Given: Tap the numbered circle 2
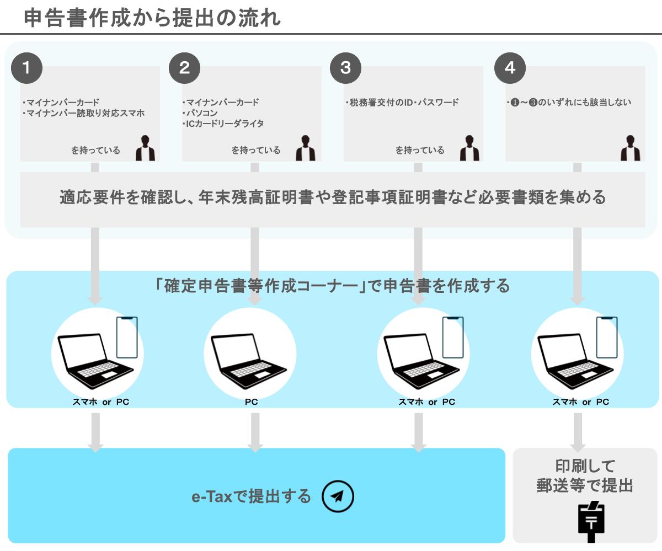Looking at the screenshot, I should coord(185,68).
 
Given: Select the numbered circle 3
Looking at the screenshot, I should coord(345,68).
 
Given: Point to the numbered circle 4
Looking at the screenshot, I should coord(510,68).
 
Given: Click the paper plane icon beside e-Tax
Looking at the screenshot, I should coord(338,496).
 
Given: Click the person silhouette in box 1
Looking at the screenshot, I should coord(145,148).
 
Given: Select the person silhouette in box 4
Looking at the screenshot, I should coord(630,148).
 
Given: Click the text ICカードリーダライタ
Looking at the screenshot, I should coord(223,124).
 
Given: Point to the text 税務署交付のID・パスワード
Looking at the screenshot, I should coord(402,103).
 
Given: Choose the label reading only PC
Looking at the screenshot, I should coord(251,402).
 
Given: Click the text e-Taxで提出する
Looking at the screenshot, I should coord(251,496).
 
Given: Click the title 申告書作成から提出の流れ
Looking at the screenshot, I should coord(153,18).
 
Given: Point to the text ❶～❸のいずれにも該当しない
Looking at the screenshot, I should coord(569,103).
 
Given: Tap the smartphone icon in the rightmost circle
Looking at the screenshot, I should coord(607,338).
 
